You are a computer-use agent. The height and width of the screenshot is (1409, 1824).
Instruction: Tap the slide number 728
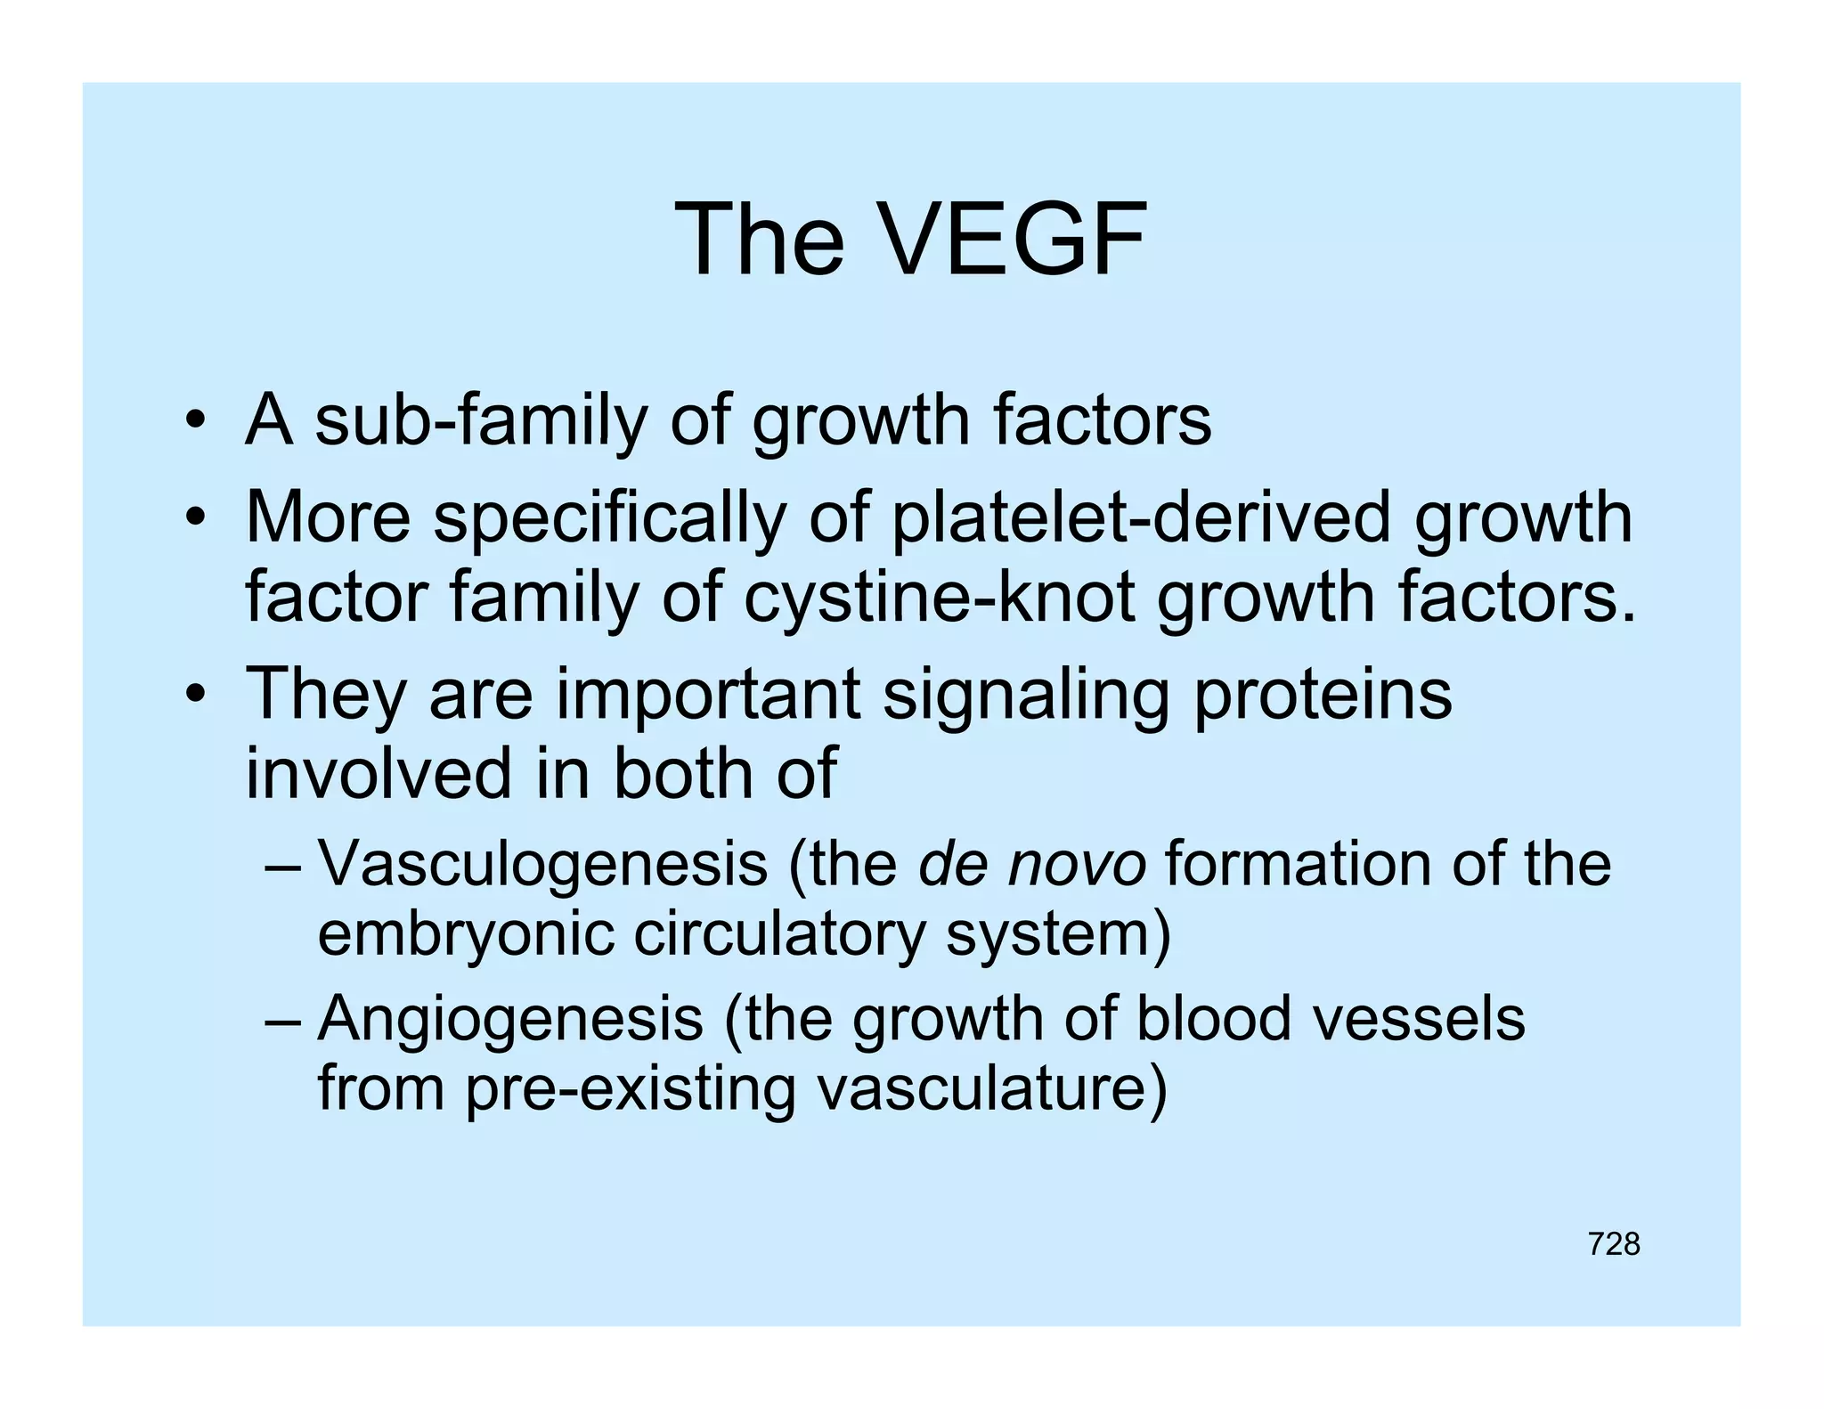coord(1613,1244)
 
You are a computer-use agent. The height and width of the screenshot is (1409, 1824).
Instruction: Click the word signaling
coord(1024,695)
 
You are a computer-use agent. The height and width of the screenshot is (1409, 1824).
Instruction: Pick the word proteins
coord(1323,695)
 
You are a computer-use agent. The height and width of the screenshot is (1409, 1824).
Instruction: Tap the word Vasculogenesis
coord(542,865)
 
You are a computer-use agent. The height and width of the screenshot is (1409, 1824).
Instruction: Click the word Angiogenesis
coord(510,1019)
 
